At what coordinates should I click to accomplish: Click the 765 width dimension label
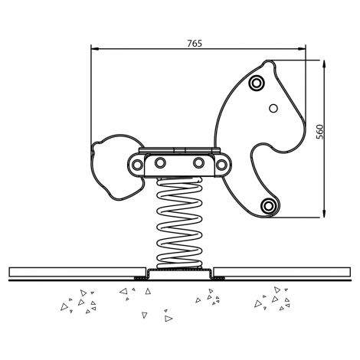pos(195,44)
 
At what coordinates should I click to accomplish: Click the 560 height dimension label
pos(319,132)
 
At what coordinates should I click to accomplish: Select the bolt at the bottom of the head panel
pos(268,205)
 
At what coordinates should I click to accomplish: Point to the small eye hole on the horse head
pos(273,109)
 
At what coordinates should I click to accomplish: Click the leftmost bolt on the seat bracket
pos(137,165)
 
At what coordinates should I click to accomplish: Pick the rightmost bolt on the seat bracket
pos(221,165)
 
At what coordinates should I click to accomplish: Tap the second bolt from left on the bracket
pos(160,162)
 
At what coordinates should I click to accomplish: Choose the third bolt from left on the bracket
pos(198,162)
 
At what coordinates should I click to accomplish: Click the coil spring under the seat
pos(179,223)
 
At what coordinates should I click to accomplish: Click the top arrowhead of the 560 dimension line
pos(324,64)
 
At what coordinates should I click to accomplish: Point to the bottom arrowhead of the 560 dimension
pos(324,214)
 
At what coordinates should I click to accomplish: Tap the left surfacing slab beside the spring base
pos(77,272)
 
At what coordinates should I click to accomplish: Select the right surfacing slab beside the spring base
pos(282,272)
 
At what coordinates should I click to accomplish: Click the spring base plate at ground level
pos(179,273)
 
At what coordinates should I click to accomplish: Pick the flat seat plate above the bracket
pos(179,150)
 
